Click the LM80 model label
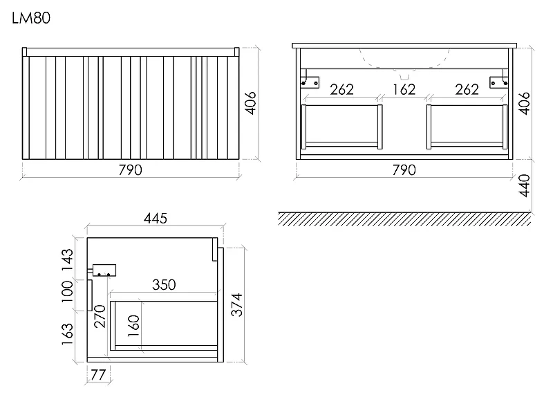click(31, 18)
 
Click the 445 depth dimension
click(155, 219)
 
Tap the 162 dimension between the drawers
click(404, 89)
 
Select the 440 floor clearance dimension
click(525, 185)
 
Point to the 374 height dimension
click(236, 304)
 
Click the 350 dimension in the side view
click(164, 285)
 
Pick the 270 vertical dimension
click(100, 316)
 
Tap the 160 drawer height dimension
click(133, 326)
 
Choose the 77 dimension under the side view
click(98, 375)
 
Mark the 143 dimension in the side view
click(67, 260)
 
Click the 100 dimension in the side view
click(67, 291)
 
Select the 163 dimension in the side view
click(67, 334)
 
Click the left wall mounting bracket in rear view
click(309, 80)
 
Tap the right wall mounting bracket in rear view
click(499, 80)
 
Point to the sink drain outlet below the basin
click(404, 76)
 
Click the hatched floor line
click(404, 219)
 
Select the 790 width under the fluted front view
click(130, 170)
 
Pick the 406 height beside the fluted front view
click(250, 103)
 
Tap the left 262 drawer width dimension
click(341, 89)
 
